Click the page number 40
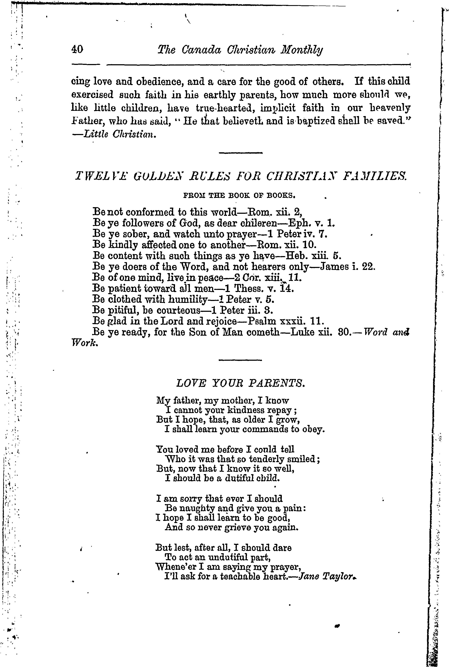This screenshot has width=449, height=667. tap(77, 50)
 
